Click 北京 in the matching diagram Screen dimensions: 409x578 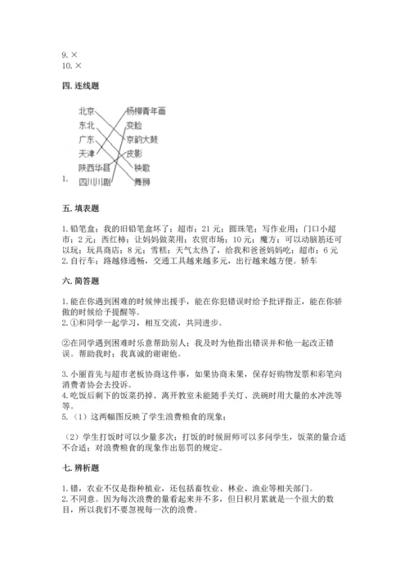87,111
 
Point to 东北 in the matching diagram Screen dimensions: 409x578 87,125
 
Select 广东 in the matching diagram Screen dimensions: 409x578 87,139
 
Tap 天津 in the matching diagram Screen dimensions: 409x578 87,153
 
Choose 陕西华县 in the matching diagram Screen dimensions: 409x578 94,167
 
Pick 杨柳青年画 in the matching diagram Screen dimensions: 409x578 146,110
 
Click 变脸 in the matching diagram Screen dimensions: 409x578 135,125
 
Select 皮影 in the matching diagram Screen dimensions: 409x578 135,153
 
